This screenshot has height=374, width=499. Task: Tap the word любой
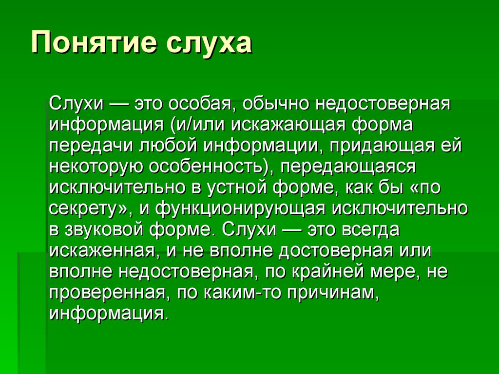click(162, 146)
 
